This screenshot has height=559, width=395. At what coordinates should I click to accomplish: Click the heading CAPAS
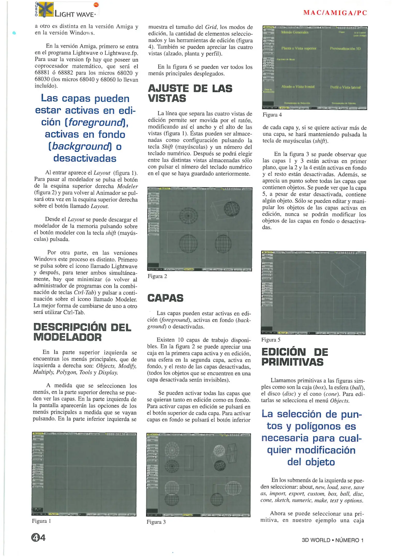pyautogui.click(x=165, y=298)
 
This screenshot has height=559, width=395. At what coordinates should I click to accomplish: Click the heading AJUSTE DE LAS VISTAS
pyautogui.click(x=190, y=93)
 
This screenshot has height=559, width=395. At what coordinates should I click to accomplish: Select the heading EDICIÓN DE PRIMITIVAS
pyautogui.click(x=294, y=357)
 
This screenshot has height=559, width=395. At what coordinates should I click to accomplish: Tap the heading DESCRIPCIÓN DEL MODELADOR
pyautogui.click(x=82, y=332)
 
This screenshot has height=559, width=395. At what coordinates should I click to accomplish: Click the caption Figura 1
pyautogui.click(x=41, y=521)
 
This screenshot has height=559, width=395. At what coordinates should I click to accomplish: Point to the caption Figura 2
pyautogui.click(x=157, y=276)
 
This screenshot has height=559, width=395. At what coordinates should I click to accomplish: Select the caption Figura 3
pyautogui.click(x=156, y=522)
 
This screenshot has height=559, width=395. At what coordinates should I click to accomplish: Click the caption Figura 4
pyautogui.click(x=272, y=115)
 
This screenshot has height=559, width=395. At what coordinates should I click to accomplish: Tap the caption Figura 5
pyautogui.click(x=271, y=340)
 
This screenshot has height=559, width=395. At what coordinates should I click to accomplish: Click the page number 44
pyautogui.click(x=38, y=538)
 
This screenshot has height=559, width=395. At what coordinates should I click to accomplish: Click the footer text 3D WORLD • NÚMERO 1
pyautogui.click(x=332, y=540)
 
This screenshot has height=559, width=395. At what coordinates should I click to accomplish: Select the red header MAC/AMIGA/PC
pyautogui.click(x=335, y=13)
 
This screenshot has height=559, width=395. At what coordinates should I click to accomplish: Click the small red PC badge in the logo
pyautogui.click(x=96, y=5)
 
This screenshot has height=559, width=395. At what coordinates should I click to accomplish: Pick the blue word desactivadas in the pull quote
pyautogui.click(x=85, y=158)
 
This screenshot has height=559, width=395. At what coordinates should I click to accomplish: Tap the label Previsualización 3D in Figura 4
pyautogui.click(x=345, y=48)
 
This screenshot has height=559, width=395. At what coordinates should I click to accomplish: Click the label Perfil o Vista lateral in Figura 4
pyautogui.click(x=345, y=87)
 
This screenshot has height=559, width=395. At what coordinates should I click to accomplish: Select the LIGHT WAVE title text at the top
pyautogui.click(x=74, y=14)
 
